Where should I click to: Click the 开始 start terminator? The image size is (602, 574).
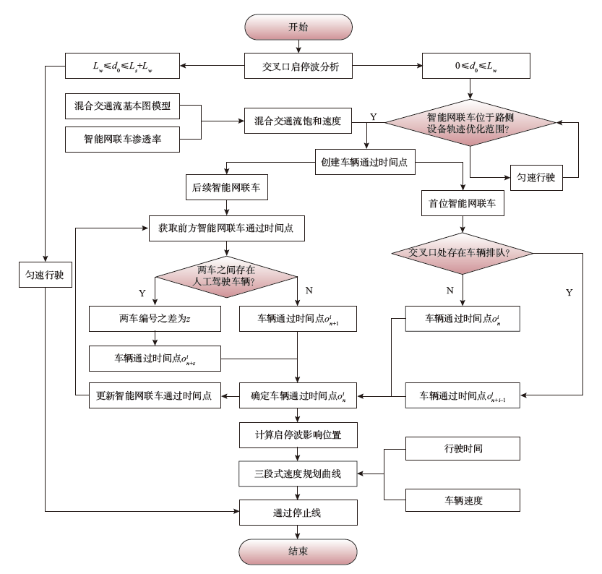tap(298, 27)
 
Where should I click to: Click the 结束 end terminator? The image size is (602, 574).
tap(298, 551)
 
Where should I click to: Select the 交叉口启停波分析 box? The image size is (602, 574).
tap(298, 68)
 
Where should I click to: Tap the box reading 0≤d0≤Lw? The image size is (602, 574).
tap(472, 68)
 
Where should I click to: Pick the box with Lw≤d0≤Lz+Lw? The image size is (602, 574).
tap(122, 68)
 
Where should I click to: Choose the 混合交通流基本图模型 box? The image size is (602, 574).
tap(122, 106)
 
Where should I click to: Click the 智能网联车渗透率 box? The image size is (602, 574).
tap(122, 139)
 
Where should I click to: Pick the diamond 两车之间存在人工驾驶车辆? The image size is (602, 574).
tap(227, 275)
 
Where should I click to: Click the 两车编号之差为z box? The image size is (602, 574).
tap(155, 318)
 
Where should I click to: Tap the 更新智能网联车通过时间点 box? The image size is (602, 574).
tap(155, 395)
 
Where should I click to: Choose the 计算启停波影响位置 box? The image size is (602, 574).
tap(298, 434)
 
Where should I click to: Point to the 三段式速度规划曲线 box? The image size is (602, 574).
tap(298, 474)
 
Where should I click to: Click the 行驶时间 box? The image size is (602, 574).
tap(463, 449)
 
